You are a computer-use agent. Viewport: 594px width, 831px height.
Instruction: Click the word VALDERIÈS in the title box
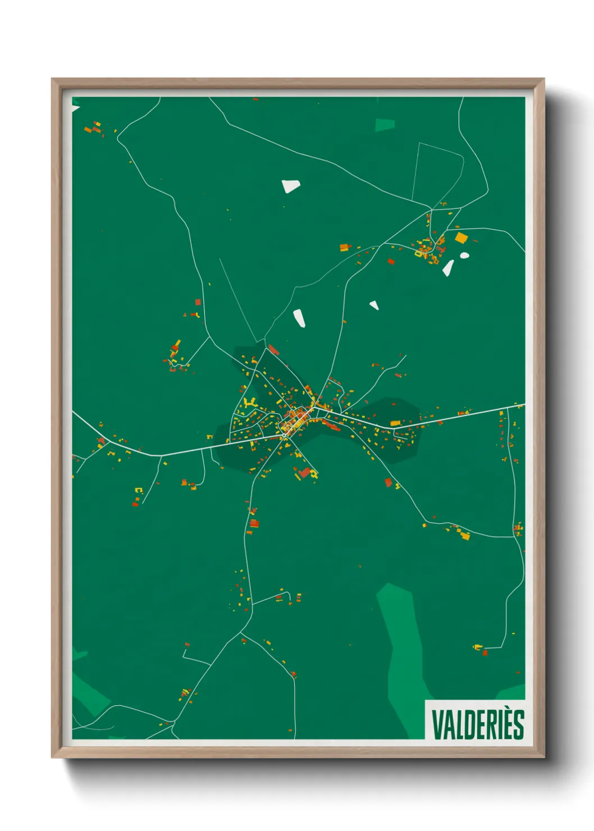pyautogui.click(x=477, y=724)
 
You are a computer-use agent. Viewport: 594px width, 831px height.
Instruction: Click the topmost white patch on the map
pyautogui.click(x=291, y=186)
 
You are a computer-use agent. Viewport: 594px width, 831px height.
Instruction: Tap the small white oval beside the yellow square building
pyautogui.click(x=464, y=255)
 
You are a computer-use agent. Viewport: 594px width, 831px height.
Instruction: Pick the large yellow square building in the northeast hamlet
pyautogui.click(x=461, y=238)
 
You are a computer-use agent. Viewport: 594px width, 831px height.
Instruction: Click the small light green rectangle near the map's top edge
pyautogui.click(x=385, y=125)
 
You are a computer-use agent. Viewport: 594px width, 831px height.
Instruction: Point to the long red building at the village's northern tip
pyautogui.click(x=273, y=350)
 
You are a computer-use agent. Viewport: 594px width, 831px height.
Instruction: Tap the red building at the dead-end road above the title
pyautogui.click(x=485, y=652)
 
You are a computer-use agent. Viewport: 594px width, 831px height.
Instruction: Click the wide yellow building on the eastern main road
pyautogui.click(x=395, y=423)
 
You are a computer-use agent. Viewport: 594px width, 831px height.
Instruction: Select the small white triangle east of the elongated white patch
pyautogui.click(x=373, y=305)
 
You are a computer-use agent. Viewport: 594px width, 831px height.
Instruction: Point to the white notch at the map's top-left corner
pyautogui.click(x=75, y=108)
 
